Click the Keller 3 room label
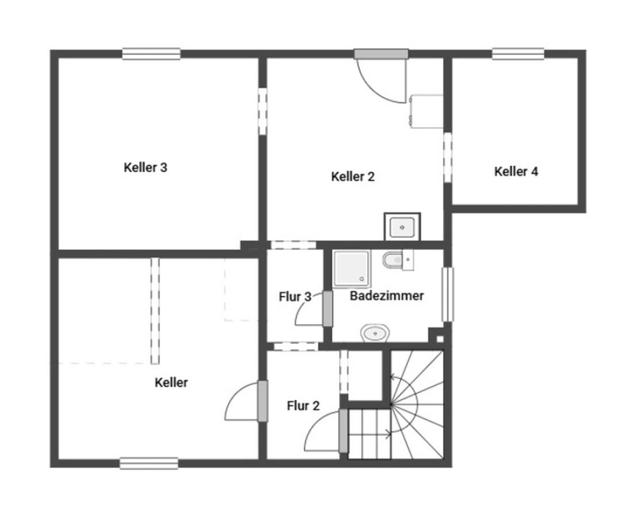pyautogui.click(x=145, y=167)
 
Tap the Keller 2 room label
pyautogui.click(x=353, y=176)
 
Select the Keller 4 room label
pyautogui.click(x=516, y=171)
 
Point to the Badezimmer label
pyautogui.click(x=386, y=295)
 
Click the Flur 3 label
pyautogui.click(x=295, y=296)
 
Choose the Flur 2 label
pyautogui.click(x=303, y=406)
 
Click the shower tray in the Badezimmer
pyautogui.click(x=351, y=269)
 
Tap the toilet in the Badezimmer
pyautogui.click(x=398, y=260)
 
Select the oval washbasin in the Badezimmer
pyautogui.click(x=375, y=333)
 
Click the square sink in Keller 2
pyautogui.click(x=402, y=227)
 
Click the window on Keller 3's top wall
pyautogui.click(x=152, y=54)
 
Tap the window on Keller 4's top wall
pyautogui.click(x=518, y=54)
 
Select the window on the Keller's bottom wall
pyautogui.click(x=149, y=464)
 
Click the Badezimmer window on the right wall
pyautogui.click(x=447, y=294)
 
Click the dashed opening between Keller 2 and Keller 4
pyautogui.click(x=447, y=157)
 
